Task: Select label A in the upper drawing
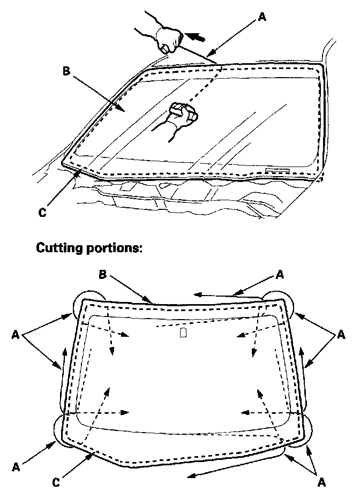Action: tap(261, 17)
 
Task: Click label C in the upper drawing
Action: tap(42, 213)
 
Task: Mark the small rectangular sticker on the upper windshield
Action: tap(277, 170)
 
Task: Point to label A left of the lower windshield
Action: tap(16, 336)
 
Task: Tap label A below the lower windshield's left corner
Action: tap(16, 467)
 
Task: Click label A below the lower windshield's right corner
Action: tap(321, 482)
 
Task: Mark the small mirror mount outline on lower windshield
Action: tap(183, 333)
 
